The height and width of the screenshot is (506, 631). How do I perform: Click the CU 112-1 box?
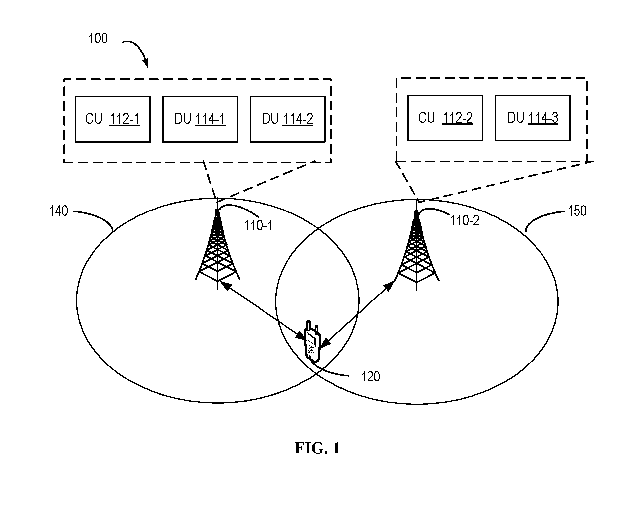[113, 119]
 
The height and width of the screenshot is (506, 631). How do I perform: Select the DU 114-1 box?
[200, 119]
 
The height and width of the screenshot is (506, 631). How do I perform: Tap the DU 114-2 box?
[287, 119]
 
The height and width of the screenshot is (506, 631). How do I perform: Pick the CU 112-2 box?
[445, 118]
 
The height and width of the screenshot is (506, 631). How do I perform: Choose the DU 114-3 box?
[533, 118]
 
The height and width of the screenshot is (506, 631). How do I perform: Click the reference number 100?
[98, 39]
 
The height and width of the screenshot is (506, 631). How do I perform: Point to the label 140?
[58, 211]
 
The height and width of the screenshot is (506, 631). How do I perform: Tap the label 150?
[577, 211]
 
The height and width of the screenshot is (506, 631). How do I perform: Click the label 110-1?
[258, 226]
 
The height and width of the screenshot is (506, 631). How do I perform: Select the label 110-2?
[465, 220]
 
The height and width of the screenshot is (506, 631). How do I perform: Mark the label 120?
[370, 377]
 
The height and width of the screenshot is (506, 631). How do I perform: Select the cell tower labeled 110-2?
[417, 245]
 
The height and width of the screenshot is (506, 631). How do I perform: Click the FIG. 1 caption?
[317, 448]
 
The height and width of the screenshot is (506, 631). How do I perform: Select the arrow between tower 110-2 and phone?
[357, 314]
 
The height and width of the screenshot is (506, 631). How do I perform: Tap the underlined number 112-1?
[124, 119]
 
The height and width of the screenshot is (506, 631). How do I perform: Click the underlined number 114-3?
[543, 118]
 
